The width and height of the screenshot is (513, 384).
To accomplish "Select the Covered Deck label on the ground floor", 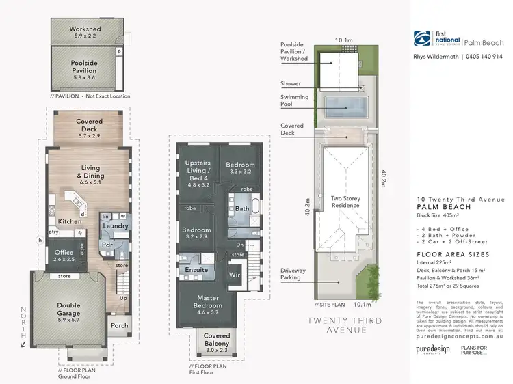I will [x=89, y=126].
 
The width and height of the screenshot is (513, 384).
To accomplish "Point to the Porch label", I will [x=120, y=325].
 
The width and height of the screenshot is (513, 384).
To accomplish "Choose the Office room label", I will [x=64, y=256].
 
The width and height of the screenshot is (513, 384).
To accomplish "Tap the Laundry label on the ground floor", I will [x=115, y=226].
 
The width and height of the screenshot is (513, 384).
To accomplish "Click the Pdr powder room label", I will [x=107, y=244].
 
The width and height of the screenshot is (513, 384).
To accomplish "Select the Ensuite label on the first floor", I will [x=196, y=270].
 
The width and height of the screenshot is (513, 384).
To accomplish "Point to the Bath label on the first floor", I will [x=242, y=208].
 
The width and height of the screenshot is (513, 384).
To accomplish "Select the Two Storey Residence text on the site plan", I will [x=345, y=201].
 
